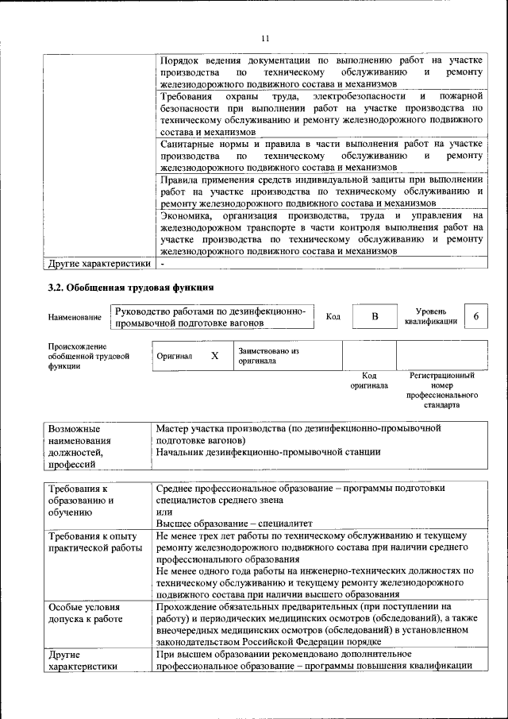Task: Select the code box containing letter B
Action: pyautogui.click(x=375, y=317)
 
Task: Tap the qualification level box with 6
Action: pyautogui.click(x=475, y=316)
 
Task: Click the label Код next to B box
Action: pyautogui.click(x=333, y=317)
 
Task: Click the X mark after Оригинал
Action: pyautogui.click(x=214, y=356)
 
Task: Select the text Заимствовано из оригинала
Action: pyautogui.click(x=267, y=355)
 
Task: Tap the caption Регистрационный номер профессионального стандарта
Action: pyautogui.click(x=441, y=389)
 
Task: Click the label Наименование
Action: pyautogui.click(x=74, y=318)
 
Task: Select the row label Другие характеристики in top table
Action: pyautogui.click(x=98, y=264)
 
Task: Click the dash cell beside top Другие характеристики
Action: pyautogui.click(x=163, y=264)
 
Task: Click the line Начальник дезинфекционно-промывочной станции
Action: pyautogui.click(x=268, y=452)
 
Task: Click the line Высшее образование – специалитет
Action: pyautogui.click(x=234, y=524)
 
